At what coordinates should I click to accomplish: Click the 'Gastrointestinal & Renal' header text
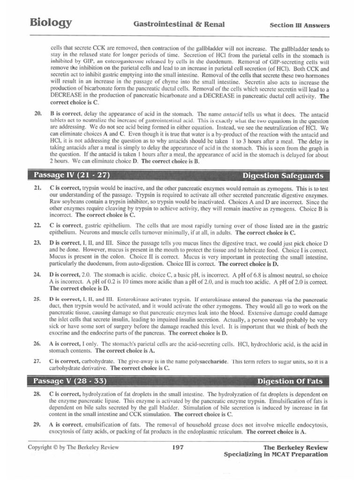(180, 24)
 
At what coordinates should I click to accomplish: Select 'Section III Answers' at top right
(300, 25)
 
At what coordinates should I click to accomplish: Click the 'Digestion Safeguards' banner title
(283, 176)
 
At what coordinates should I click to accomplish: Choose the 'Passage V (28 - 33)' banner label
(70, 381)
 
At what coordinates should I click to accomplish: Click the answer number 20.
(38, 114)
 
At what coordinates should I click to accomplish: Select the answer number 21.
(38, 187)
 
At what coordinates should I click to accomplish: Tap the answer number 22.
(38, 225)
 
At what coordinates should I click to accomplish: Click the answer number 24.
(38, 276)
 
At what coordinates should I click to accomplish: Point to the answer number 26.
(38, 344)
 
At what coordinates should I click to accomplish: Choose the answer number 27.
(38, 361)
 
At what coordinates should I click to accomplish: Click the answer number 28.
(38, 395)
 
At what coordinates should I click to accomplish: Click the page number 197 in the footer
(178, 448)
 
